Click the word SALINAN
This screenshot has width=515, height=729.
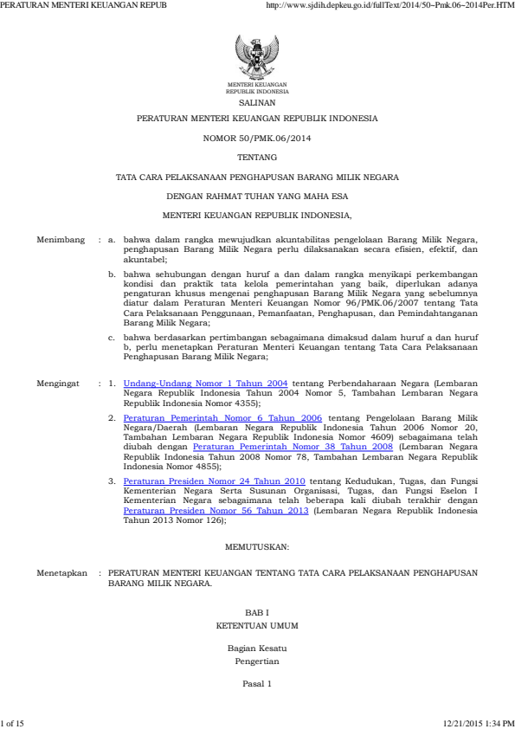click(x=257, y=101)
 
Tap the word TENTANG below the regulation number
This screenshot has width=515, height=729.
click(x=257, y=158)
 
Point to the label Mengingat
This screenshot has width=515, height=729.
click(x=57, y=381)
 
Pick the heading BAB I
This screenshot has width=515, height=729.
click(x=257, y=611)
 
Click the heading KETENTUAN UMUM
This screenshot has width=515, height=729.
click(x=257, y=624)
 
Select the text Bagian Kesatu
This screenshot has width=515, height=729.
click(x=257, y=648)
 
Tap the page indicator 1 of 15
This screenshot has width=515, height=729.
click(x=13, y=722)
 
